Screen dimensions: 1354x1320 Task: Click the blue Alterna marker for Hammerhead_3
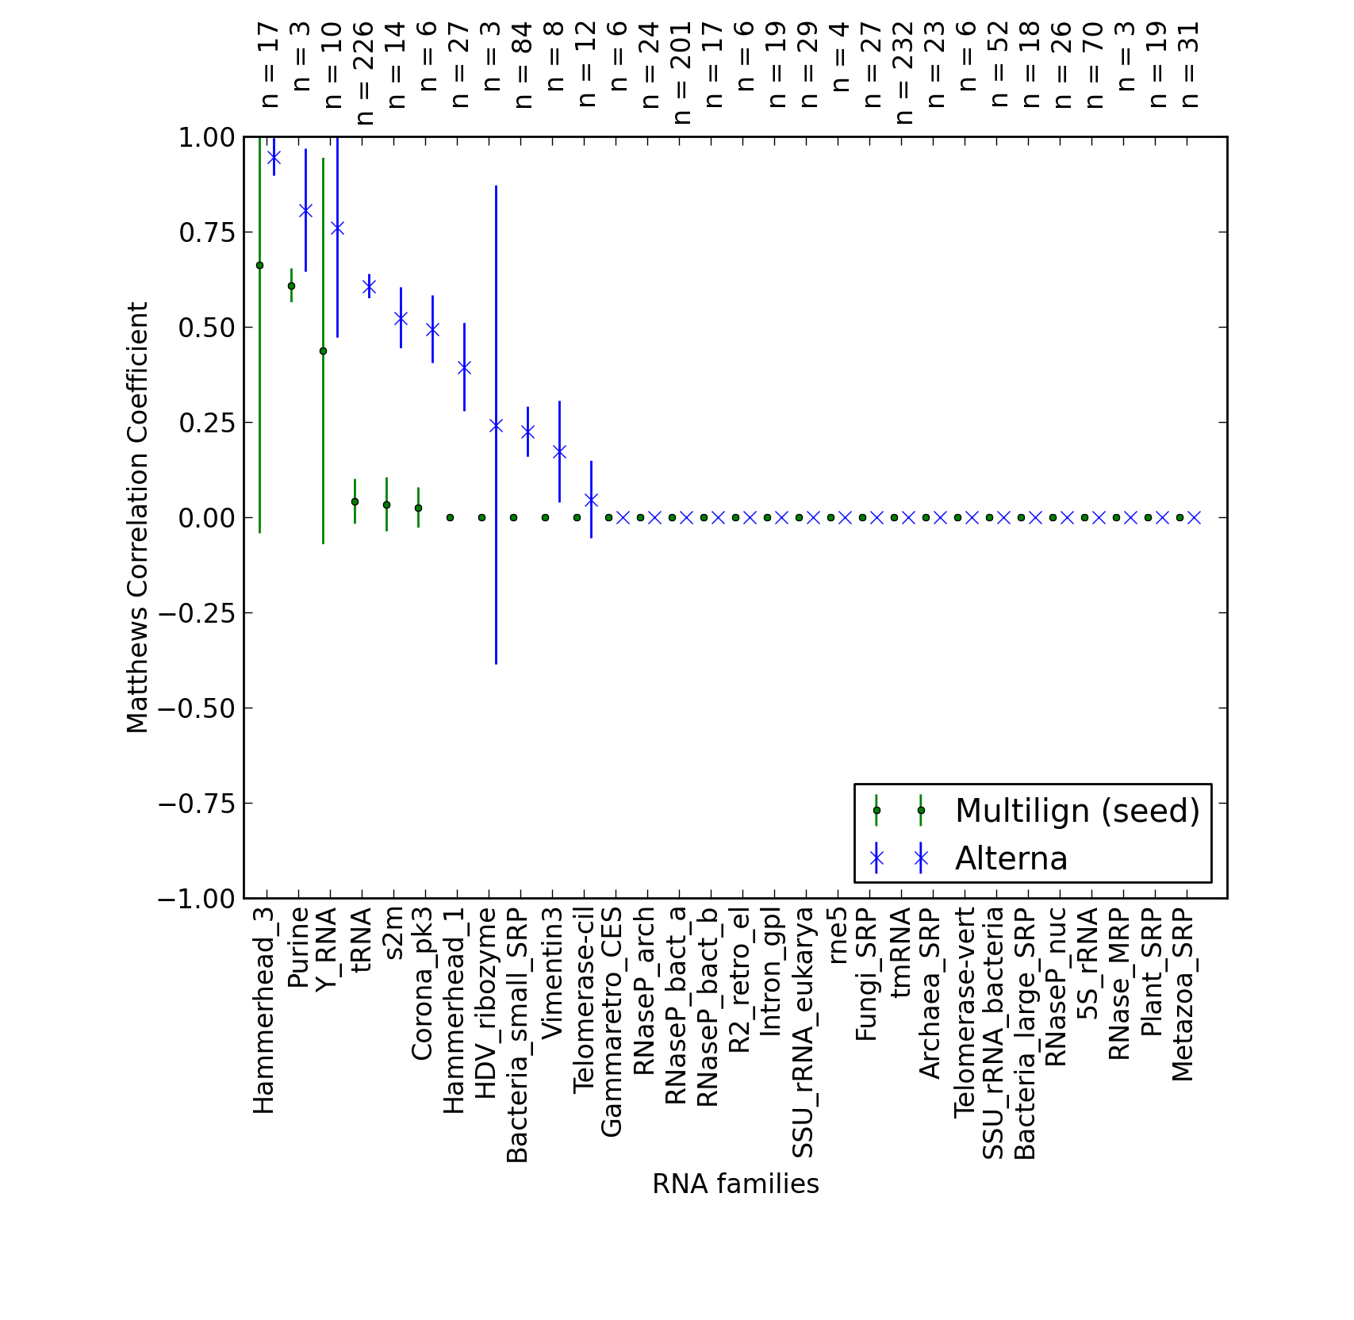[x=274, y=157]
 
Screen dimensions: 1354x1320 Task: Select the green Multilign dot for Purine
[x=291, y=286]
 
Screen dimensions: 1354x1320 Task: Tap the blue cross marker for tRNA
[x=369, y=286]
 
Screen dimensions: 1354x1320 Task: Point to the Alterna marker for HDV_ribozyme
[x=496, y=425]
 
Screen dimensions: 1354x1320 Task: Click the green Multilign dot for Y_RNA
[x=323, y=351]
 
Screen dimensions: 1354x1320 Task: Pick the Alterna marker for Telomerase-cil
[x=591, y=500]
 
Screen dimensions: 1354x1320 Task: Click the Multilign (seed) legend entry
[x=1077, y=811]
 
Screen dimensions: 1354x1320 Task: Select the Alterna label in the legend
[x=1011, y=858]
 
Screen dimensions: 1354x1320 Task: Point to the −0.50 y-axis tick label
[x=198, y=708]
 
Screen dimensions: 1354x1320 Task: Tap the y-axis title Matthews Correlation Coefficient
[x=137, y=517]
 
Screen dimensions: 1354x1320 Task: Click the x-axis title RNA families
[x=735, y=1184]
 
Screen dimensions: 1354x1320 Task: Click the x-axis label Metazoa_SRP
[x=1183, y=995]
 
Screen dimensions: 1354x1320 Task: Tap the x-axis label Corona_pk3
[x=422, y=984]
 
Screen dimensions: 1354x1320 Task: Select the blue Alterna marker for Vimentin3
[x=559, y=451]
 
